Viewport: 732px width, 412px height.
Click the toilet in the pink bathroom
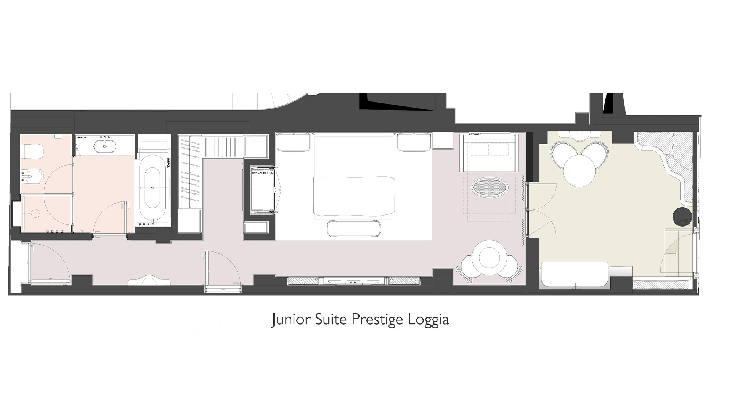[x=28, y=152]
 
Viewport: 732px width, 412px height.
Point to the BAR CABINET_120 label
[x=263, y=173]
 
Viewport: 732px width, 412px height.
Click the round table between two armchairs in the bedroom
[x=489, y=257]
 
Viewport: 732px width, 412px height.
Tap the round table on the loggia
[x=579, y=171]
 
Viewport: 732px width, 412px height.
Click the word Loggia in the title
[x=428, y=320]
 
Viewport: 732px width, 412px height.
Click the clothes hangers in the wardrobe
[x=189, y=172]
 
